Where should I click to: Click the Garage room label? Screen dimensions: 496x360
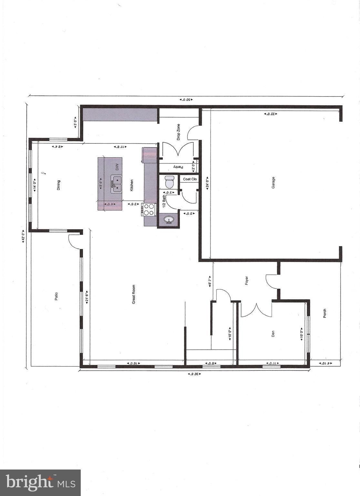273,183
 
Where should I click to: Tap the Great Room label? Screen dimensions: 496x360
134,294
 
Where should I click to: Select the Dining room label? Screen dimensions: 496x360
58,185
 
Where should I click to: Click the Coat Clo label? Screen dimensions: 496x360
190,179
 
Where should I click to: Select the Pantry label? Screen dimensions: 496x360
178,167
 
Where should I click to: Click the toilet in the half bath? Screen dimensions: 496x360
169,182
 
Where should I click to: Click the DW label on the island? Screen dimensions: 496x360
117,167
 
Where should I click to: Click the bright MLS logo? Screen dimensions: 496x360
40,482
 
